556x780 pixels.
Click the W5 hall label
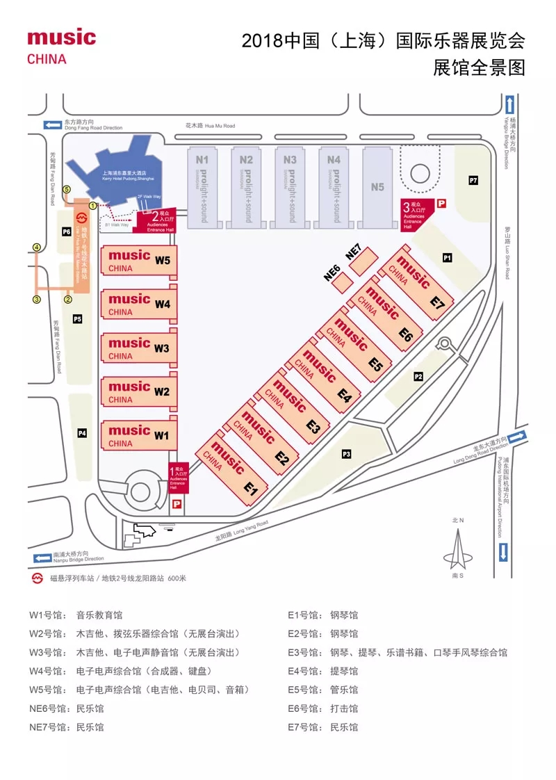162,261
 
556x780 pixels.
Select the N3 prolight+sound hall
291,186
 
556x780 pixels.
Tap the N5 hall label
377,186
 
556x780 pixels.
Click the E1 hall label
251,489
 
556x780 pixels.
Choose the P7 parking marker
473,181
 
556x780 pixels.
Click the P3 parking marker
346,454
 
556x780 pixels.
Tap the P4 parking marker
82,433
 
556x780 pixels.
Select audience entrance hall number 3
418,211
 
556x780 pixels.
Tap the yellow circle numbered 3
37,300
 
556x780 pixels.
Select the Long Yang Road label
240,528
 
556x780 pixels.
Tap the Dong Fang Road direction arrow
52,125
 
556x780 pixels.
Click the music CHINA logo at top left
61,46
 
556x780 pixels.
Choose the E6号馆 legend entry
323,708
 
